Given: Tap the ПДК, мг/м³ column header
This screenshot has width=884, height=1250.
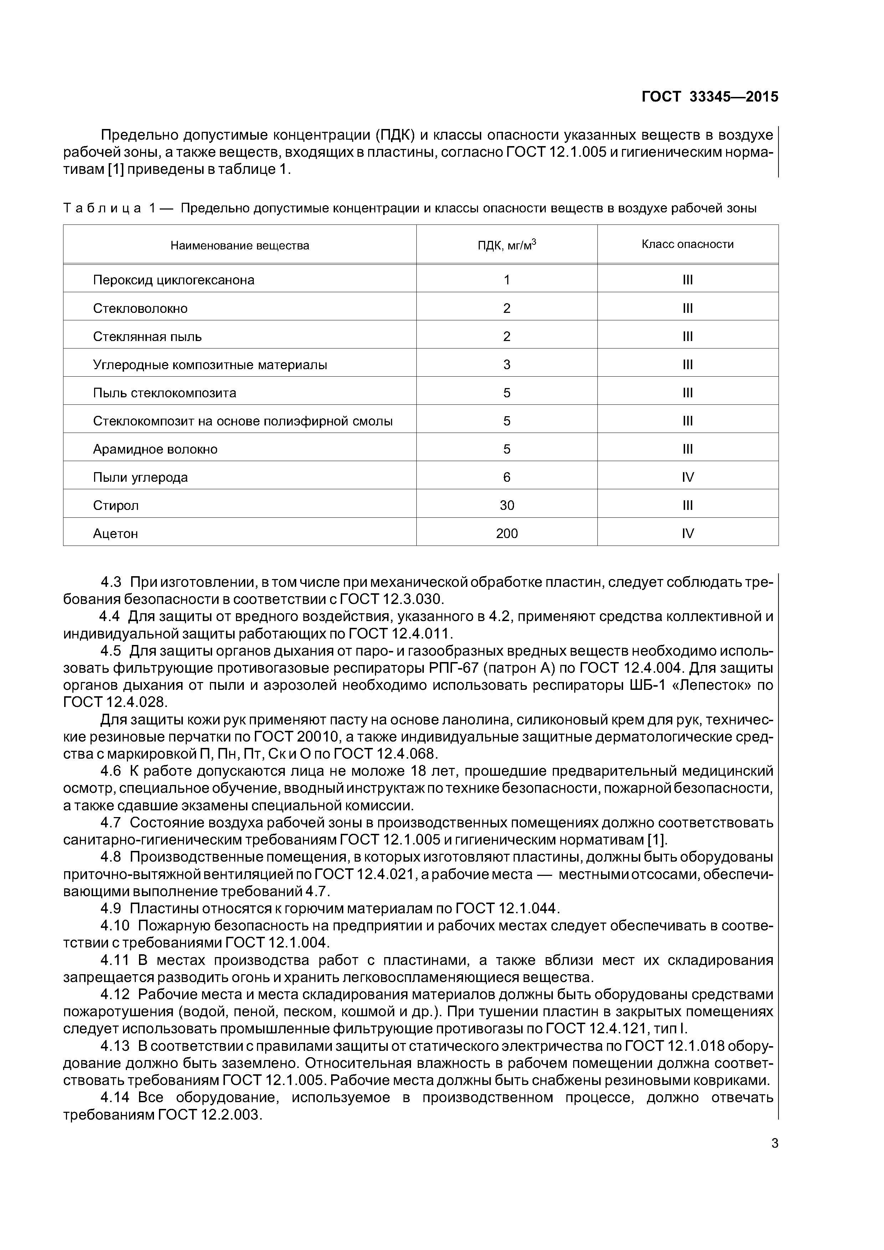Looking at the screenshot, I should [x=507, y=245].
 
